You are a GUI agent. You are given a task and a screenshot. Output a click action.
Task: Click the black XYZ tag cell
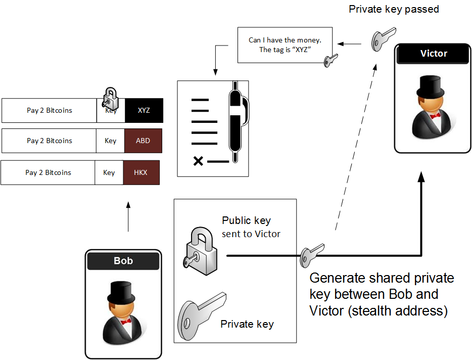[x=144, y=110]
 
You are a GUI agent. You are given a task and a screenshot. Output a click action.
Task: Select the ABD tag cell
[x=143, y=141]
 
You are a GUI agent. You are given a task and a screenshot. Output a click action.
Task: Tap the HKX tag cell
[x=140, y=172]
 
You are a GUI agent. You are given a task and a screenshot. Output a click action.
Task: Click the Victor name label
[x=434, y=54]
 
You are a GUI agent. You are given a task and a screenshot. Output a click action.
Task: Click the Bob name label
[x=123, y=261]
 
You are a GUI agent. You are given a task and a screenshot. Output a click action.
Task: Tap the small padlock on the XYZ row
[x=110, y=97]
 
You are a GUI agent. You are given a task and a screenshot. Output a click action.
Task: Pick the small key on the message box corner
[x=331, y=60]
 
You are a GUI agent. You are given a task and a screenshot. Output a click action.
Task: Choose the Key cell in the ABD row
[x=110, y=141]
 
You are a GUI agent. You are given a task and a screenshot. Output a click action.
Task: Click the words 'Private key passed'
[x=393, y=9]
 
